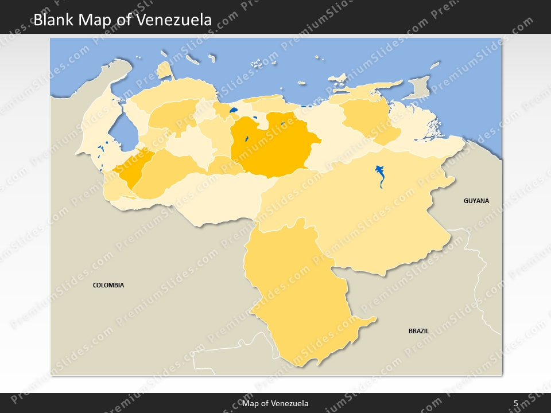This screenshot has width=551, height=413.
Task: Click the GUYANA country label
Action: (476, 201)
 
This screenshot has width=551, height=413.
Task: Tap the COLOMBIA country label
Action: (108, 285)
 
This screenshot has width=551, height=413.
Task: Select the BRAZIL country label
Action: (418, 331)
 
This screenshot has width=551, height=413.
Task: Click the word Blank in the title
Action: (53, 20)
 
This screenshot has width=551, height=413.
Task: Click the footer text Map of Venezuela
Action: (275, 403)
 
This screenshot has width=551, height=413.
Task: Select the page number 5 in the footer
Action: (515, 403)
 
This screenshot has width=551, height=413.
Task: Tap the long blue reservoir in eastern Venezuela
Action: (381, 176)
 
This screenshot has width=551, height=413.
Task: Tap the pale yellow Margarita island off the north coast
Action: (339, 77)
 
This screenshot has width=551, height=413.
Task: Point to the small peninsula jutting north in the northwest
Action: (165, 71)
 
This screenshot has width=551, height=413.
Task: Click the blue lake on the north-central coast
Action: (234, 110)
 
